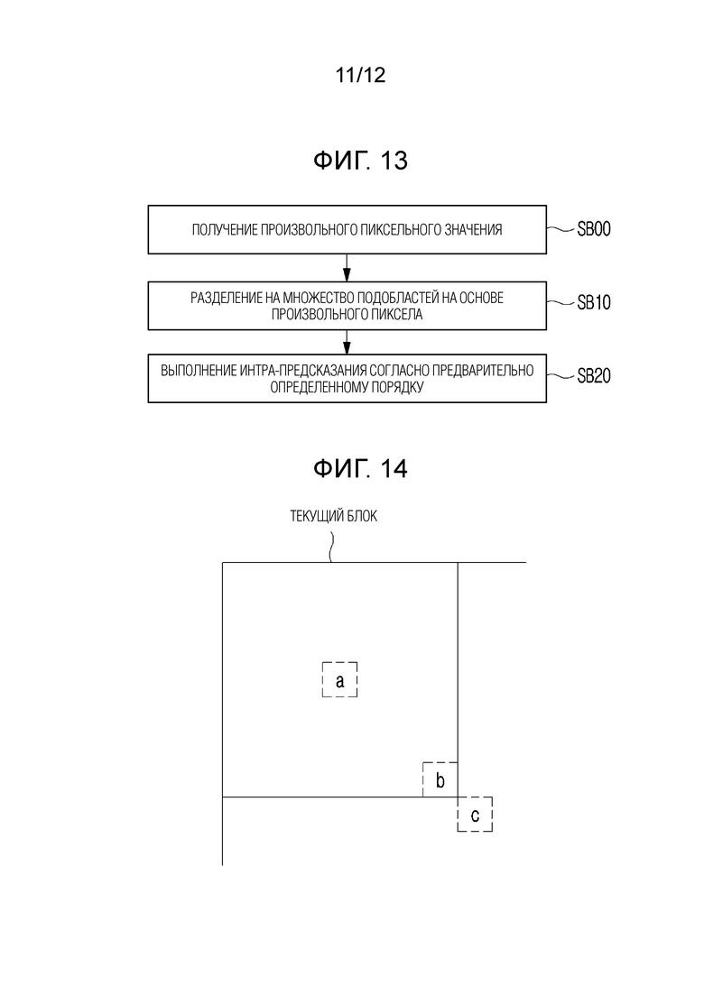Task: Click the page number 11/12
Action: click(360, 75)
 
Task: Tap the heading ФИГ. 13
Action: click(360, 161)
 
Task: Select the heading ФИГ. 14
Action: click(360, 469)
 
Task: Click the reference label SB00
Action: click(594, 229)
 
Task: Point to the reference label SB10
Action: click(594, 303)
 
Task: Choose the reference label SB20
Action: click(594, 375)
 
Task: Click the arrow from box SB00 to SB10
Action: click(347, 268)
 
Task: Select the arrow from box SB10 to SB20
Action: click(347, 342)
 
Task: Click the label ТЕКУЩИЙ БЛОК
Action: click(333, 517)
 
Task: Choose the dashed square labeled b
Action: click(423, 779)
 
